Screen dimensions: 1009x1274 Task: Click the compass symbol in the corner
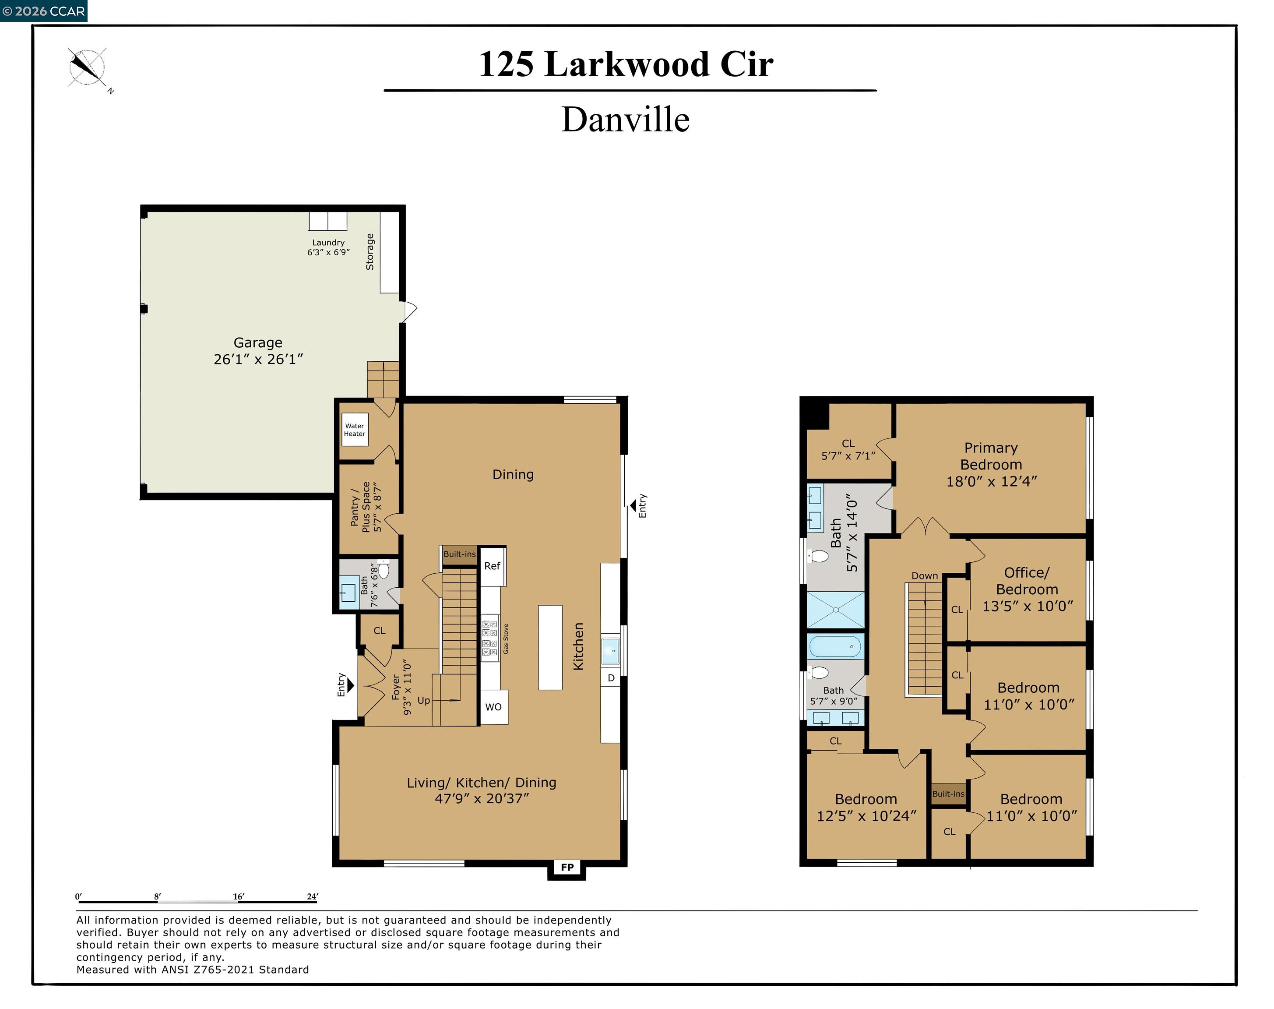coord(87,68)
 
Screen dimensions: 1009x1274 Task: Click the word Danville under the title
coord(625,120)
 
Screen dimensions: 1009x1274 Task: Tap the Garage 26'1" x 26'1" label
coord(258,351)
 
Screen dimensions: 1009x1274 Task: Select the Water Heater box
coord(354,430)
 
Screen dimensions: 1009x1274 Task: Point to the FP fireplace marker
coord(567,867)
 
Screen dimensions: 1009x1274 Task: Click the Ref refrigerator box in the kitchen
coord(492,566)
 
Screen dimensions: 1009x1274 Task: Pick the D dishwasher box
coord(611,677)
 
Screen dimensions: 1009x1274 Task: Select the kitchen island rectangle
coord(550,647)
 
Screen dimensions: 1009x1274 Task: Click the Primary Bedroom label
coord(991,464)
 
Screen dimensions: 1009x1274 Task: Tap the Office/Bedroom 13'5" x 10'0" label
coord(1027,589)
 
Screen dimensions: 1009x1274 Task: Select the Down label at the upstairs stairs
coord(924,575)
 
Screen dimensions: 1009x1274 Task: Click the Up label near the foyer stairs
coord(423,701)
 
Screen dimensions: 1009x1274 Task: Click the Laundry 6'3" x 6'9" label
coord(328,247)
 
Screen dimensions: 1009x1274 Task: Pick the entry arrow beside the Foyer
coord(350,685)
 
